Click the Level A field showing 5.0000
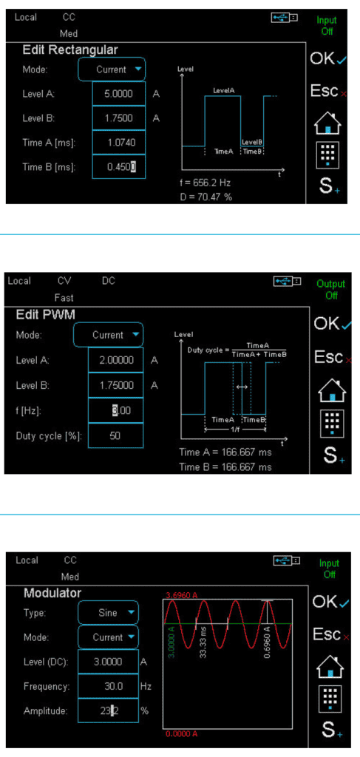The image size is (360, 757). click(x=119, y=94)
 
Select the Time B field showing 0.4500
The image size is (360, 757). click(x=119, y=166)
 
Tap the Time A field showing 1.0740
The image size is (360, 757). click(x=119, y=143)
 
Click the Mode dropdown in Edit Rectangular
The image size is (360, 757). click(x=112, y=69)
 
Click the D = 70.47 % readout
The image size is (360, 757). click(x=205, y=197)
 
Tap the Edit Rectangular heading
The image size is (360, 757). click(x=70, y=50)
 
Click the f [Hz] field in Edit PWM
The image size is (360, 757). click(x=116, y=410)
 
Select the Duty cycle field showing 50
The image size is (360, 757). click(x=116, y=435)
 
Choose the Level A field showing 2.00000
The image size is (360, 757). click(x=116, y=360)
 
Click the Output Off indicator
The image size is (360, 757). click(x=331, y=290)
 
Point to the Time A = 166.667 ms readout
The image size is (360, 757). click(x=225, y=453)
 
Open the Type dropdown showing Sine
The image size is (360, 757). click(x=108, y=613)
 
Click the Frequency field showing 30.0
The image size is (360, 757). click(x=108, y=685)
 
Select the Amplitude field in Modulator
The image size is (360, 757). click(x=108, y=710)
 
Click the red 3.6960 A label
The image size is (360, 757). click(x=181, y=595)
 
